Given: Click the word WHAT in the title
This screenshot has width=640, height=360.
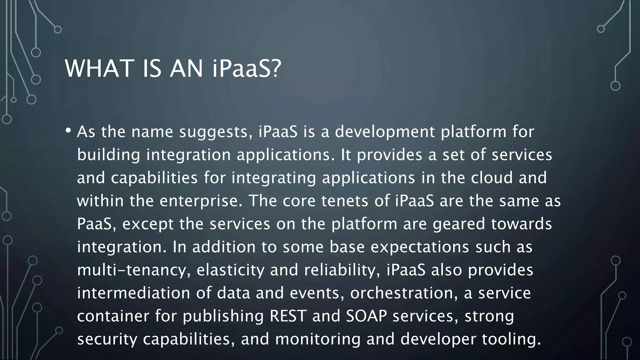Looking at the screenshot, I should coord(99,68).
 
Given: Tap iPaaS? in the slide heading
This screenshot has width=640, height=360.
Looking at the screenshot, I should coord(247,68).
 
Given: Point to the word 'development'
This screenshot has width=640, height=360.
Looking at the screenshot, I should coord(385,132).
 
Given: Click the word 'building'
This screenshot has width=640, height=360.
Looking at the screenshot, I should coord(108,155).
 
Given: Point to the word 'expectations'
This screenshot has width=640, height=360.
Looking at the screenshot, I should coord(420,247).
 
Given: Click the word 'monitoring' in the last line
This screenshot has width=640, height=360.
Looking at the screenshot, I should coord(318,339).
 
